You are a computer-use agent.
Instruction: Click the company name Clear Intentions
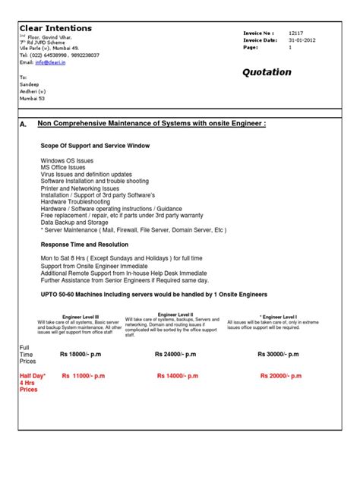point(55,28)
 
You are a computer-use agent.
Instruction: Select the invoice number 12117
point(295,33)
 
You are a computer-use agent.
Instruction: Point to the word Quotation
point(266,72)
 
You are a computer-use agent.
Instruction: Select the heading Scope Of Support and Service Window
point(95,144)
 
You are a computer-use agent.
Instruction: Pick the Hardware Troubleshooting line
point(78,201)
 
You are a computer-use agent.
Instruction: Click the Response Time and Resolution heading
point(84,245)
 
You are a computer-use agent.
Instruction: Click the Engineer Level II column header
point(175,314)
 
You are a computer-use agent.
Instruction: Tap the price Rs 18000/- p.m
point(85,354)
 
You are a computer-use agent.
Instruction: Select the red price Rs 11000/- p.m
point(84,376)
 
